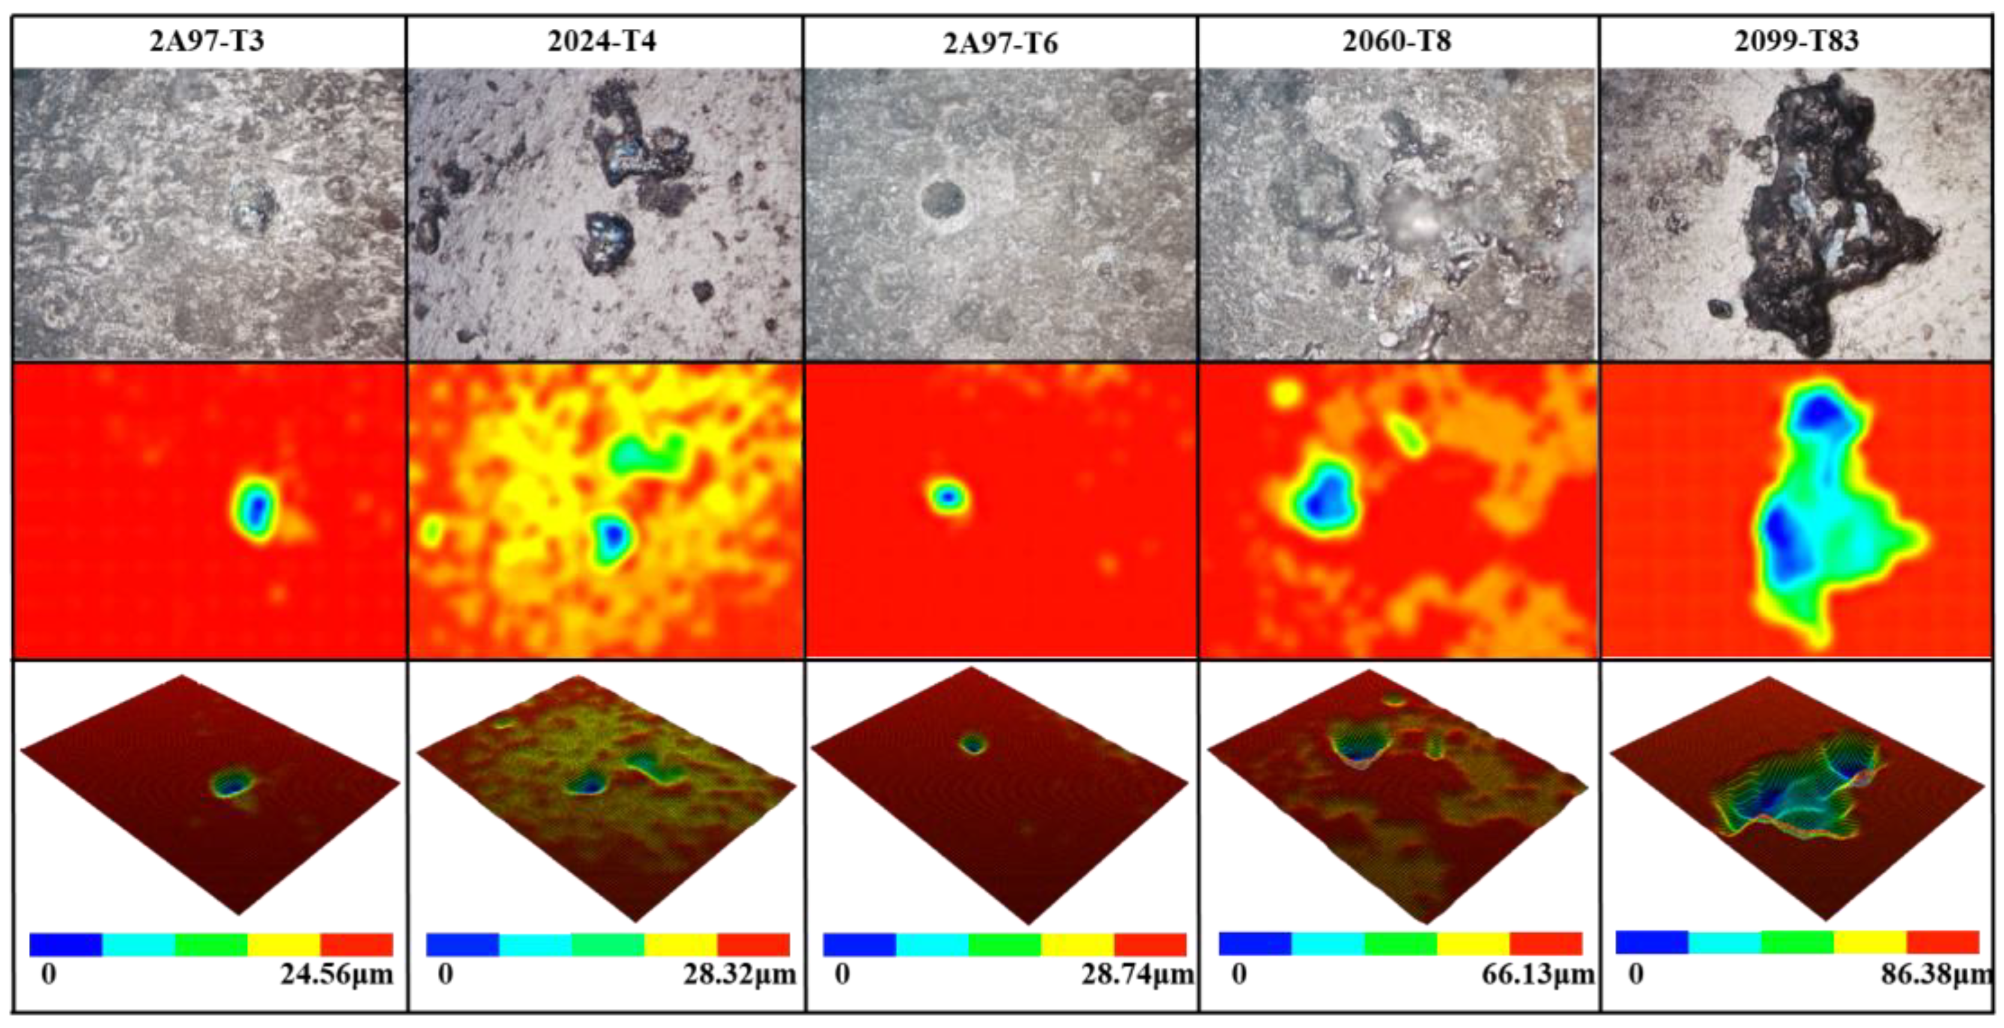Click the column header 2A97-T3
point(207,40)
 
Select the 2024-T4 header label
point(602,40)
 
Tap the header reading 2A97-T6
point(1000,43)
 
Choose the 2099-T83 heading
point(1796,40)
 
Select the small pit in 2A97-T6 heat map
point(948,495)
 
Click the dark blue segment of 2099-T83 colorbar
point(1651,942)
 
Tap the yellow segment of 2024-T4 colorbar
point(680,944)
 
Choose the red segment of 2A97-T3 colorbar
point(356,944)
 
